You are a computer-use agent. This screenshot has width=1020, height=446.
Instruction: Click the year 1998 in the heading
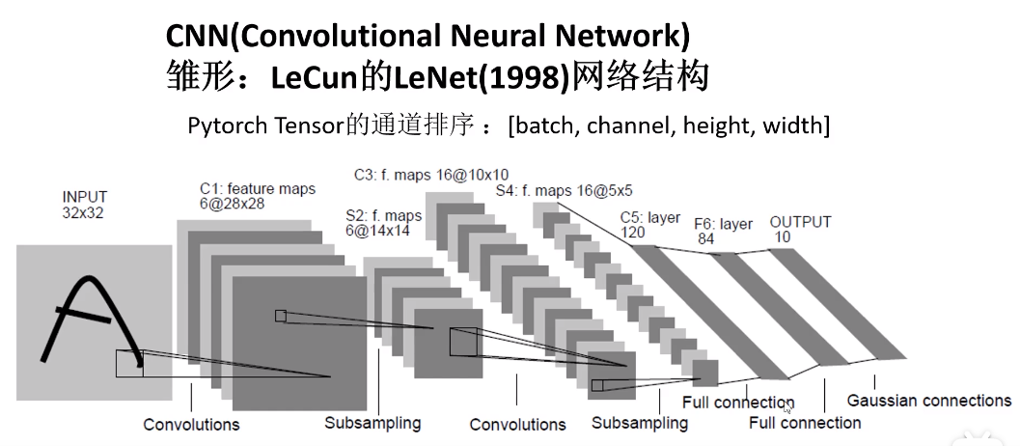tap(529, 77)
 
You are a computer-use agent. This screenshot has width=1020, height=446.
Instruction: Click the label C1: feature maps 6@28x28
tap(257, 196)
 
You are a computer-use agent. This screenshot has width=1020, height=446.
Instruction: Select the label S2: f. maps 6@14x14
tap(383, 223)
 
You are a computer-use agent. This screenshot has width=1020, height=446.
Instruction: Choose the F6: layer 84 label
tap(723, 232)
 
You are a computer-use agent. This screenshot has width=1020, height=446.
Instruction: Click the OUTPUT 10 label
tap(799, 230)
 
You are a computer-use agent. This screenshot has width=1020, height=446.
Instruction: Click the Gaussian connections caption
tap(928, 400)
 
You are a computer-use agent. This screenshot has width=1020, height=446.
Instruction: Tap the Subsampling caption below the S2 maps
tap(372, 423)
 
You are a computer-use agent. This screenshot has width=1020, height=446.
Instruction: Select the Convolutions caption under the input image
tap(191, 425)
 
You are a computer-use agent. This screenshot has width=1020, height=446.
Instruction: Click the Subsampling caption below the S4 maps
tap(639, 423)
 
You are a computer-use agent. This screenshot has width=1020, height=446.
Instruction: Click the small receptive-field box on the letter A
tap(129, 363)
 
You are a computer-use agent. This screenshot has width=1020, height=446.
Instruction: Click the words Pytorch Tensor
tap(265, 125)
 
